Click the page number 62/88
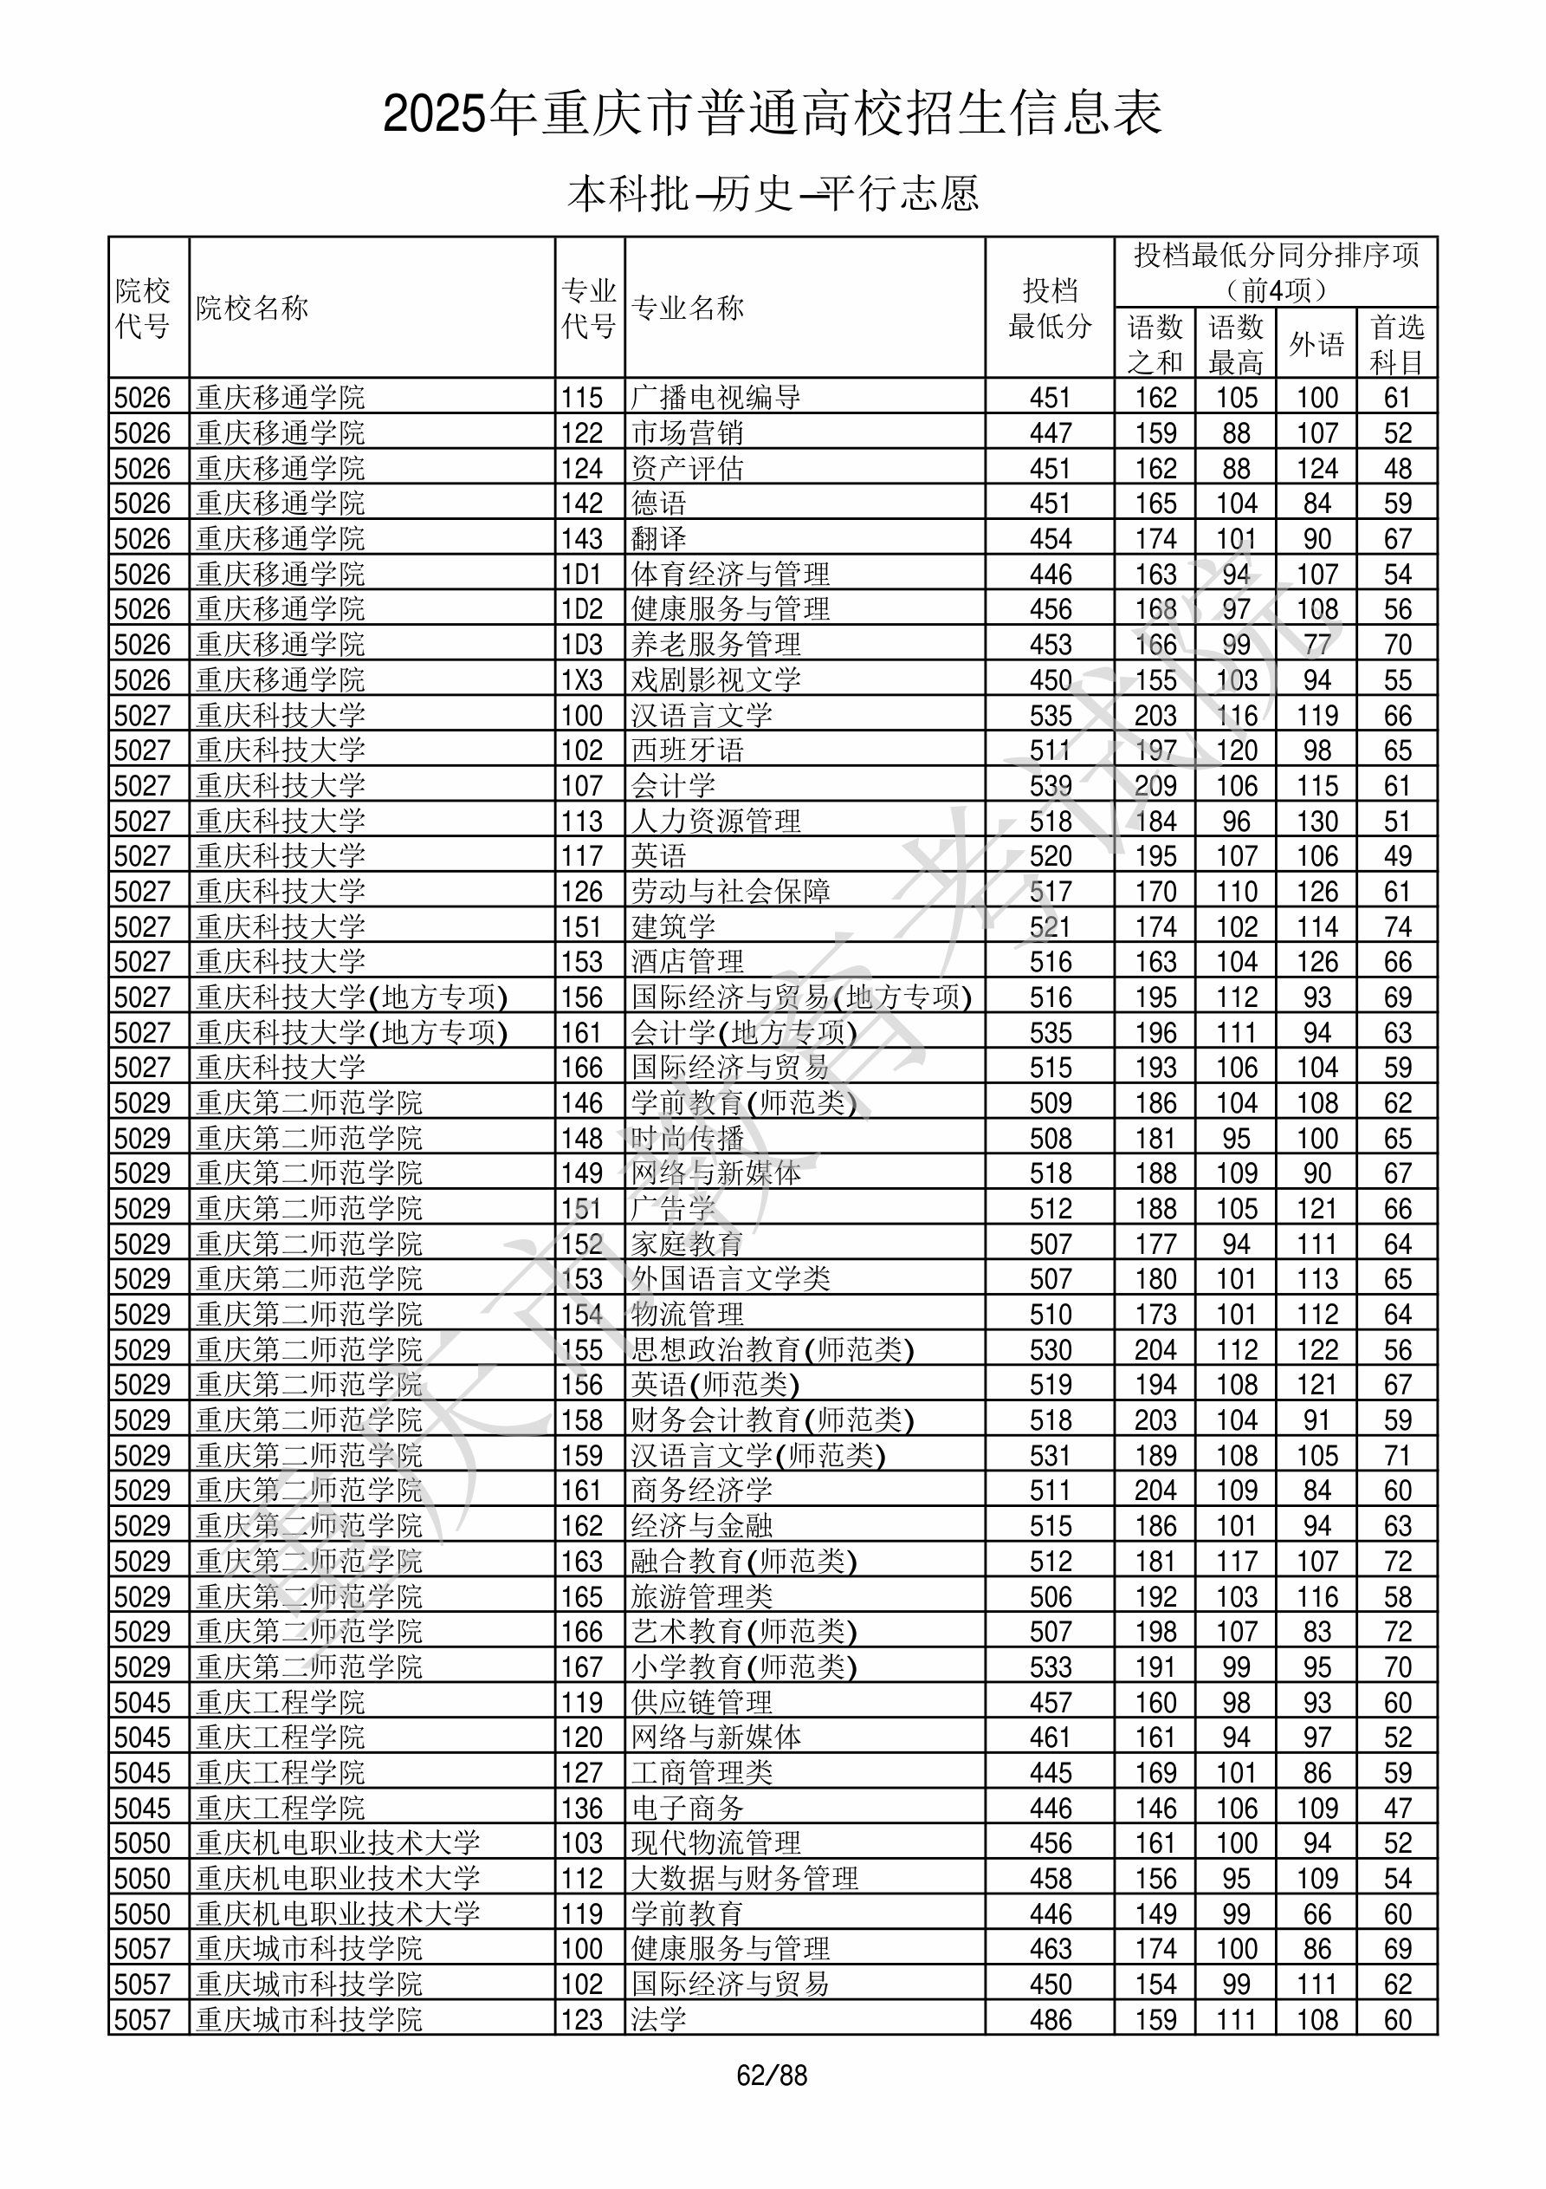click(x=772, y=2075)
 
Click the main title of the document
click(x=772, y=114)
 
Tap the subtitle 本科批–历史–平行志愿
click(x=773, y=193)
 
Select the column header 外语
click(x=1316, y=343)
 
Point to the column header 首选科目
click(x=1396, y=343)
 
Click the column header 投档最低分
click(x=1050, y=308)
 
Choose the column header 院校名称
click(x=253, y=308)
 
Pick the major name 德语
click(x=658, y=503)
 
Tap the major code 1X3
click(x=581, y=679)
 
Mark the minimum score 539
click(x=1051, y=786)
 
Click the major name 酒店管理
click(x=687, y=962)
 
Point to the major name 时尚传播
click(x=687, y=1139)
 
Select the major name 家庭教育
click(x=687, y=1244)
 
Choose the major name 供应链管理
click(x=702, y=1703)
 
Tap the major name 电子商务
click(x=687, y=1809)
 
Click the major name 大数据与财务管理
click(x=744, y=1879)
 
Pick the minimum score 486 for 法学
click(x=1051, y=2020)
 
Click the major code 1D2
click(x=581, y=609)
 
